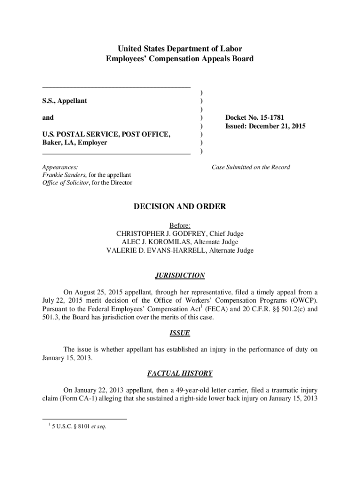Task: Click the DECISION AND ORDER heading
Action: coord(180,206)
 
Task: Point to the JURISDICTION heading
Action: coord(180,276)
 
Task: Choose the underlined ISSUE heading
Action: coord(180,334)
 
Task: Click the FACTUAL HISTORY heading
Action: coord(180,373)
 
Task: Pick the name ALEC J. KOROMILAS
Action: coord(155,242)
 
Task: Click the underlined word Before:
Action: coord(180,225)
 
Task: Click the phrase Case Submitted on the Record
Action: coord(251,167)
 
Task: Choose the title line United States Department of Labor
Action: coord(180,49)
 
